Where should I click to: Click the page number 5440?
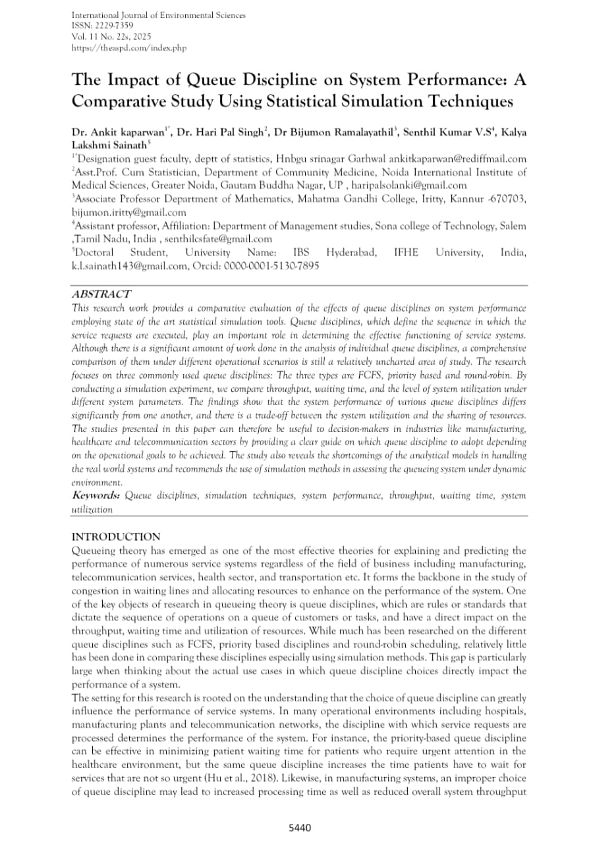300,828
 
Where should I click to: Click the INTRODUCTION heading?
115,537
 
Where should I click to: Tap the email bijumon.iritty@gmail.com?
128,213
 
